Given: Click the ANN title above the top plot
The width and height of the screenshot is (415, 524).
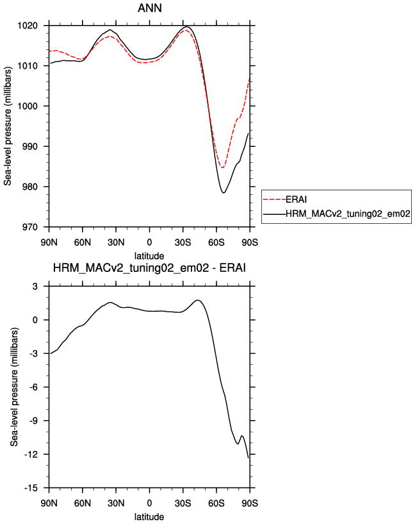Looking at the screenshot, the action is (150, 8).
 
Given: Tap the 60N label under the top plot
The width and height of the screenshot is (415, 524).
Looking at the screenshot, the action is (83, 242).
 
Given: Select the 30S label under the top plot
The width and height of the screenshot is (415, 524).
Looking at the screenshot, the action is (183, 242).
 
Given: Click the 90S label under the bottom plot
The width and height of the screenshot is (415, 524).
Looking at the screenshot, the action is (250, 503).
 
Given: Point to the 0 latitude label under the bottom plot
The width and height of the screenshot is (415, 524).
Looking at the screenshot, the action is (149, 503).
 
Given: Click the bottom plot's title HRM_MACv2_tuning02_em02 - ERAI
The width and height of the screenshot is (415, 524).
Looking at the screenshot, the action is (149, 268).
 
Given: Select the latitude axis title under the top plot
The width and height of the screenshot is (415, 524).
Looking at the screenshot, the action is (149, 256).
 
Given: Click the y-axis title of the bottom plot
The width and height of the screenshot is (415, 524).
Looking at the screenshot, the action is (14, 387).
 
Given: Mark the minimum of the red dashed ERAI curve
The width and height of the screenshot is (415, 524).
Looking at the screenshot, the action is (222, 167).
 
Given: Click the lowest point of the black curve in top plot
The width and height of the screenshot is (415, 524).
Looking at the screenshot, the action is (224, 193).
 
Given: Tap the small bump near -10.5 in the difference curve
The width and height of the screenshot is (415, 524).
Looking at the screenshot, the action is (242, 435).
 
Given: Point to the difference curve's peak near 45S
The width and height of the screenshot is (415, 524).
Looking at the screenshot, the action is (198, 300).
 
